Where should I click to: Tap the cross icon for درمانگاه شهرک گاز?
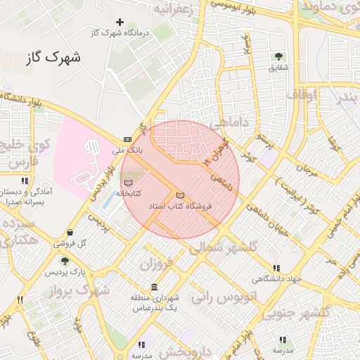[120, 23]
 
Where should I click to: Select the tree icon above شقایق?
[278, 56]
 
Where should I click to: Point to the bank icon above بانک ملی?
[127, 139]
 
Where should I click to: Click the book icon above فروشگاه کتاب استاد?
[180, 195]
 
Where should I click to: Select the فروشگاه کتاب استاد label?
[180, 207]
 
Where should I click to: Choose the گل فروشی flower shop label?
[72, 243]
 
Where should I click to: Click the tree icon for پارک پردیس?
[65, 261]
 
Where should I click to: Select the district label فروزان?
[155, 264]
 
